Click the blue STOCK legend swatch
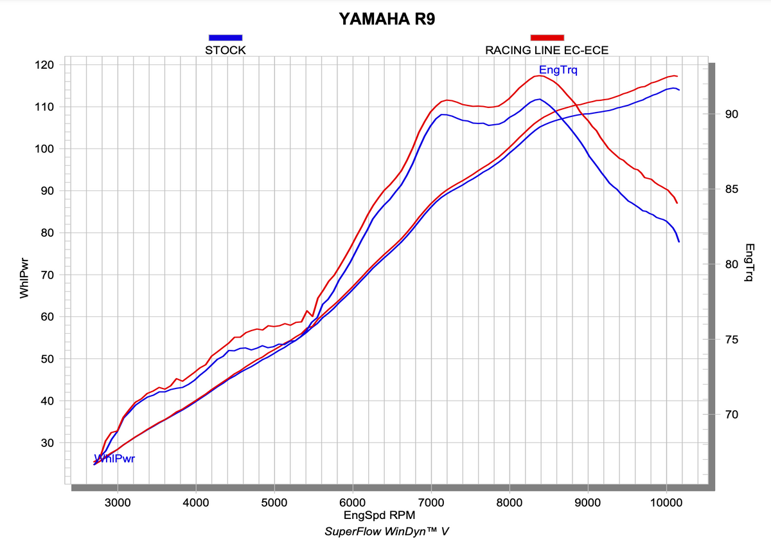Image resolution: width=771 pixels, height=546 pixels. coord(225,37)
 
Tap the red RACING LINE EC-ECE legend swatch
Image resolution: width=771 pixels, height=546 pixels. coord(547,37)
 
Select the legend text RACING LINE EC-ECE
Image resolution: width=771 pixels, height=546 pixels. coord(547,50)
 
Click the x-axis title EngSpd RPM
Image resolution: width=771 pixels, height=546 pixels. coord(379,515)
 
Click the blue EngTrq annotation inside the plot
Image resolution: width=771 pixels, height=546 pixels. coord(558,69)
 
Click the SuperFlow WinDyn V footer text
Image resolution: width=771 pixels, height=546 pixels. coord(386,531)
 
